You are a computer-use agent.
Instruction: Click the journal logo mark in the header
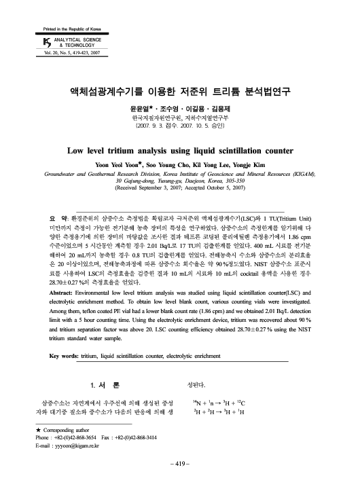tap(38, 42)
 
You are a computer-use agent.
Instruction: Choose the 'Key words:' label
tap(69, 355)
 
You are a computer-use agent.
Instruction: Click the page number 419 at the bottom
tap(179, 461)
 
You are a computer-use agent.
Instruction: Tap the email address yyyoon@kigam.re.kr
tap(69, 437)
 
